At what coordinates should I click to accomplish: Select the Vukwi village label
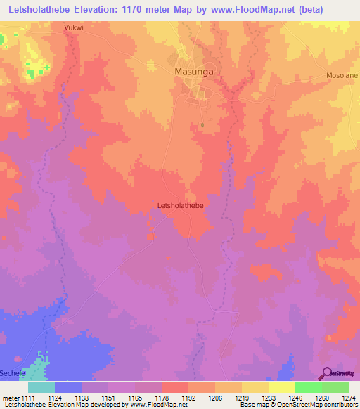click(x=74, y=28)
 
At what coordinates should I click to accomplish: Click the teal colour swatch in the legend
click(x=41, y=387)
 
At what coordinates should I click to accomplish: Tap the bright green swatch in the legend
click(x=308, y=387)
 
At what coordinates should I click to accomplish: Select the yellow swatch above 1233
click(x=255, y=387)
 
